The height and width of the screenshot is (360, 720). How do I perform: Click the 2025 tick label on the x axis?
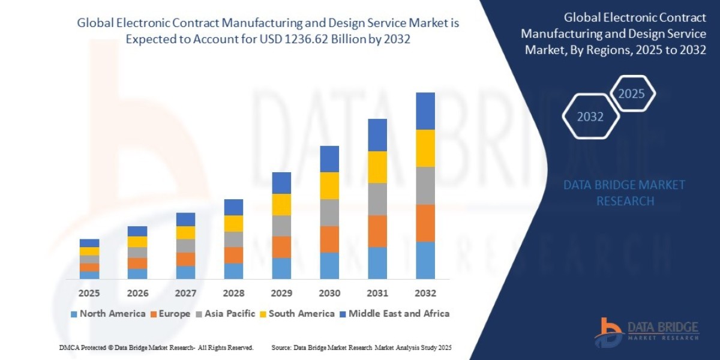tap(89, 293)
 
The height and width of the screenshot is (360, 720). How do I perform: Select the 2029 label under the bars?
tap(281, 293)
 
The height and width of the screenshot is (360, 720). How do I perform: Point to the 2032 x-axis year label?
tap(425, 293)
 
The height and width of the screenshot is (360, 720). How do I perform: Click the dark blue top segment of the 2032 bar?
tap(425, 111)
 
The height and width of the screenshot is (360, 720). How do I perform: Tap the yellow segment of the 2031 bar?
tap(377, 167)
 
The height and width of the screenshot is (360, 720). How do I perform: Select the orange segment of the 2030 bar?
tap(329, 239)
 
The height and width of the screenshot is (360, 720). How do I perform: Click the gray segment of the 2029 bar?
tap(281, 226)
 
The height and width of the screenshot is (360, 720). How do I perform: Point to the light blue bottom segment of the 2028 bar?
tap(233, 271)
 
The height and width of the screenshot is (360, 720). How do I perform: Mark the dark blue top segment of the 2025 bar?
tap(89, 243)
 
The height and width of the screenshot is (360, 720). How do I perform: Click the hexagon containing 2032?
tap(590, 116)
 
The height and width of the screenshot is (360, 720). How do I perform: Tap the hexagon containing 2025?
tap(631, 94)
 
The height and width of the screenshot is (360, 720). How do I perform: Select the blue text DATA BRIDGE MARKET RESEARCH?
tap(625, 193)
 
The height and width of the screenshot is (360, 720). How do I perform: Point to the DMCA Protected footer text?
tap(156, 347)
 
